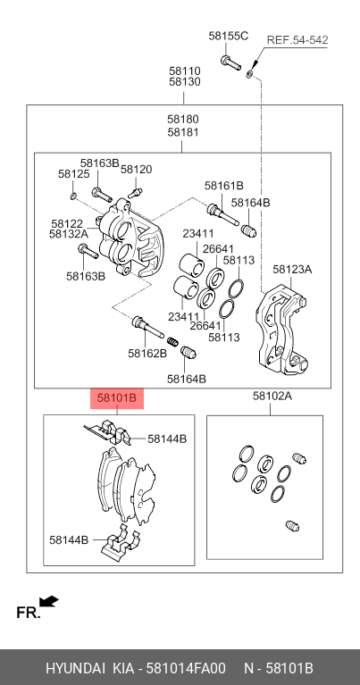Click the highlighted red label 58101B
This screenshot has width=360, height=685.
[x=116, y=398]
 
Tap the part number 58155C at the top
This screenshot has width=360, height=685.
[x=228, y=37]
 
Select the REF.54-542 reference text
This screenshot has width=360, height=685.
[x=297, y=40]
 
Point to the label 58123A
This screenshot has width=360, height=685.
[x=292, y=269]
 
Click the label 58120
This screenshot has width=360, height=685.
[x=137, y=170]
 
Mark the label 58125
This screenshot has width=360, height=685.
[x=73, y=174]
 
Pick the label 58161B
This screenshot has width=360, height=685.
[x=223, y=186]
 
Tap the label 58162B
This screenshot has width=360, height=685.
[x=147, y=353]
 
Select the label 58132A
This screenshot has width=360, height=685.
[x=68, y=235]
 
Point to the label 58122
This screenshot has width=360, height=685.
[x=67, y=223]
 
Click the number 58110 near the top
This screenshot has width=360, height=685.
[x=185, y=70]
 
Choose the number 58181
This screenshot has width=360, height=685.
[x=182, y=132]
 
